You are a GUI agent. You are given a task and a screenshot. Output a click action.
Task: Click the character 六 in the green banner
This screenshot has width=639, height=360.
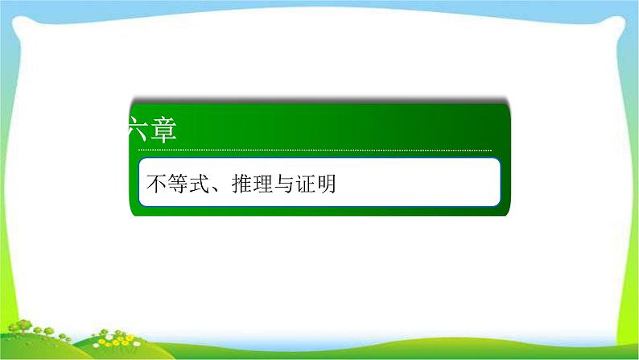[x=139, y=130]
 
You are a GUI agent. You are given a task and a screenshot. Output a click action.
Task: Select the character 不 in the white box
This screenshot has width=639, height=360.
[x=156, y=184]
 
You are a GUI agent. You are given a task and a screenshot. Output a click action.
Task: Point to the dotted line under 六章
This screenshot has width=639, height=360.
[x=314, y=150]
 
